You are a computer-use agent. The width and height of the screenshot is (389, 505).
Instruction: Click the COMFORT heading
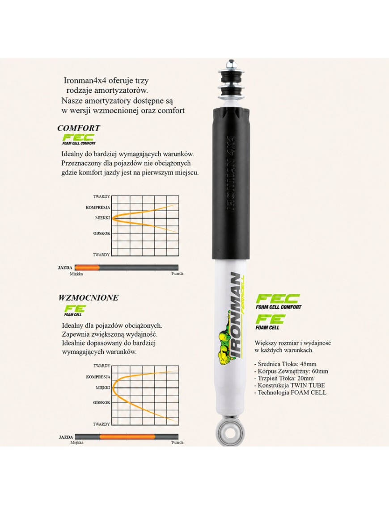click(x=79, y=128)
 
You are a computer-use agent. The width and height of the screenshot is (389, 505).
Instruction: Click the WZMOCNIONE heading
click(x=89, y=297)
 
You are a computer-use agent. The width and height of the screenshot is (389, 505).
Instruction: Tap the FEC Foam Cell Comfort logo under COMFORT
click(x=79, y=139)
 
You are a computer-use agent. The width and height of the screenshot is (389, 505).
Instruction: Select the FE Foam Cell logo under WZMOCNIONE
click(x=75, y=310)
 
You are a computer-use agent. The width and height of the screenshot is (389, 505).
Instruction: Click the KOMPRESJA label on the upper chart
click(x=98, y=208)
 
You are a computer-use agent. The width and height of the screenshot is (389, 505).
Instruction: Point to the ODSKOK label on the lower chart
click(x=101, y=403)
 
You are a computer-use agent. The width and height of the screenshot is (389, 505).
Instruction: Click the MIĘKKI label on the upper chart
click(x=102, y=218)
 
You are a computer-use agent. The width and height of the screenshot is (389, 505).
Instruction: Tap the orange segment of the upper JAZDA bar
click(x=87, y=267)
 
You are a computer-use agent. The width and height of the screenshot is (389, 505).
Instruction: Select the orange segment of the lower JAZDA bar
click(x=127, y=437)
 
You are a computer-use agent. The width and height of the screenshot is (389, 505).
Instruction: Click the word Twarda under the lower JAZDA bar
click(x=177, y=442)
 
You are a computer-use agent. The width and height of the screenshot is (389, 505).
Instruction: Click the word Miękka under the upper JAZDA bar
click(x=76, y=274)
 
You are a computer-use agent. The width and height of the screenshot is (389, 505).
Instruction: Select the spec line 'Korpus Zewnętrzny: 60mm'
click(x=291, y=371)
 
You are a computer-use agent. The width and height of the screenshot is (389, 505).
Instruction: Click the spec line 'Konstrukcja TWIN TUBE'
click(x=290, y=385)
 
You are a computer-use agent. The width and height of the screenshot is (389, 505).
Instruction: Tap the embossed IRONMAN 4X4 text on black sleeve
click(x=231, y=173)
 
